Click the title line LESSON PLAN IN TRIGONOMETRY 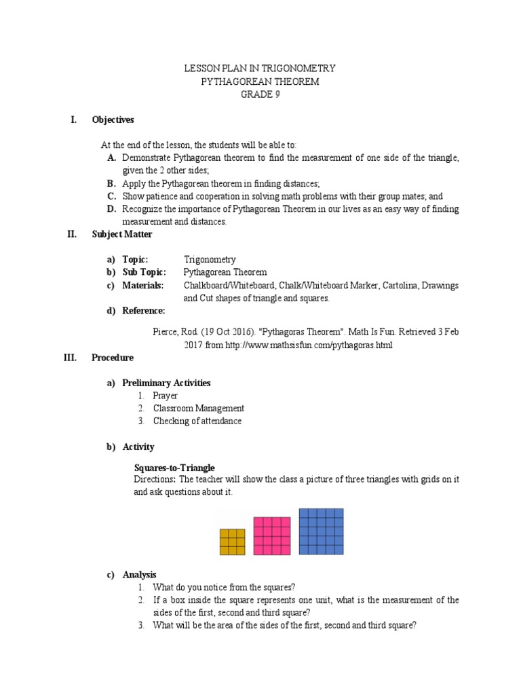tap(260, 69)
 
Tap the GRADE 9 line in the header tap(260, 94)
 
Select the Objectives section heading tap(113, 120)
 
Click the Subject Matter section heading tap(122, 234)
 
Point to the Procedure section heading tap(113, 358)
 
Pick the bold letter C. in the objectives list tap(111, 196)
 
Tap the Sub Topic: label tap(144, 272)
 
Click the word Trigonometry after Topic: tap(210, 259)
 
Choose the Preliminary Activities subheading tap(166, 383)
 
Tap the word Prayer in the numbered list tap(165, 396)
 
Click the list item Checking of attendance tap(197, 421)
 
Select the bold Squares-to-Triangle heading tap(174, 468)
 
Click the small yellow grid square tap(232, 542)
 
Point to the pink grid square tap(272, 536)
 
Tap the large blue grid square tap(321, 531)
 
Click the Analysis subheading tap(139, 574)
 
